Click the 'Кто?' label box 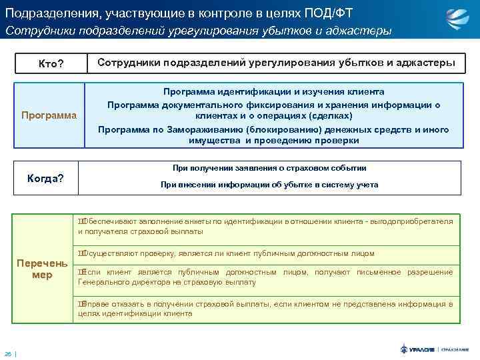pyautogui.click(x=51, y=63)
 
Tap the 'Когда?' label pyautogui.click(x=45, y=178)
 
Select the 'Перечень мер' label pyautogui.click(x=42, y=268)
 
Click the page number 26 pyautogui.click(x=8, y=353)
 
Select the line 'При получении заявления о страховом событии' pyautogui.click(x=269, y=169)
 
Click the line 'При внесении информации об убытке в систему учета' pyautogui.click(x=269, y=185)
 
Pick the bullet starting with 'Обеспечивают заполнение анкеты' pyautogui.click(x=265, y=226)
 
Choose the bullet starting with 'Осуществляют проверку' pyautogui.click(x=227, y=253)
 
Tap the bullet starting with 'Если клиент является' pyautogui.click(x=265, y=277)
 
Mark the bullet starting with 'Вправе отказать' pyautogui.click(x=265, y=308)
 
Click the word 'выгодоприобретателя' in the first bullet pyautogui.click(x=409, y=221)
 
